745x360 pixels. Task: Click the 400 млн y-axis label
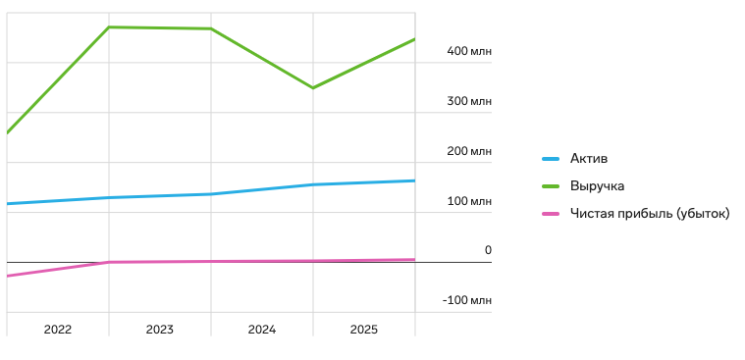469,51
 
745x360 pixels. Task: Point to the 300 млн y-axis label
469,101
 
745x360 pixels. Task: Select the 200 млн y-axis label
469,151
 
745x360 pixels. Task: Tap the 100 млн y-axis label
469,201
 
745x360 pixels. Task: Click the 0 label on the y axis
488,250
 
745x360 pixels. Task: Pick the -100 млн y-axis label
466,300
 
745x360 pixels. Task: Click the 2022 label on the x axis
58,330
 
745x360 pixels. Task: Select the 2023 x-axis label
160,330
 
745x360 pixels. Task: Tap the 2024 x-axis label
262,330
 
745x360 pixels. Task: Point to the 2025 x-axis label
364,330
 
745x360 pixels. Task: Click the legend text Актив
589,159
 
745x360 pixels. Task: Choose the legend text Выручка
597,186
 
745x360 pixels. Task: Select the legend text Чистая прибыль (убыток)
650,214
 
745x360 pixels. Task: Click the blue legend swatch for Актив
551,159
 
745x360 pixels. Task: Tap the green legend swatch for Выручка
551,186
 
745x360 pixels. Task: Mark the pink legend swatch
551,214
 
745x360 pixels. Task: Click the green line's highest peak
109,27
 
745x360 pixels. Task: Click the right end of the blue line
415,180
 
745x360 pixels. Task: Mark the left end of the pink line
7,276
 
